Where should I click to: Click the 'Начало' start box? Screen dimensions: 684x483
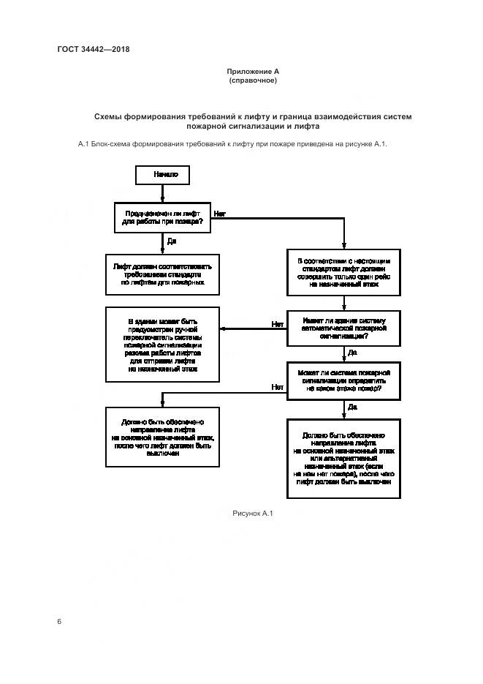click(x=162, y=176)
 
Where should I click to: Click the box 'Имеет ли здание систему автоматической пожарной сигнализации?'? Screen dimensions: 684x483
click(x=343, y=328)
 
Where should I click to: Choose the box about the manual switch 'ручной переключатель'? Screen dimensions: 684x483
click(x=162, y=344)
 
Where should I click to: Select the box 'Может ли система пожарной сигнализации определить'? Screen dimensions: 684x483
click(x=343, y=381)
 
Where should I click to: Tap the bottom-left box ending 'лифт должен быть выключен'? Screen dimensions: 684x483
click(x=162, y=437)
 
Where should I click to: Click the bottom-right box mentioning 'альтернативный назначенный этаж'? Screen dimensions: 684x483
click(x=343, y=457)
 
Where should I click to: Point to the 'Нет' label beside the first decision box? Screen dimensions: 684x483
click(x=220, y=213)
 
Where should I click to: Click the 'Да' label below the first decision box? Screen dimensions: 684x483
click(x=171, y=241)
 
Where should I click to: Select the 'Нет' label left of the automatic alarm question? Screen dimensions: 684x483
click(x=278, y=323)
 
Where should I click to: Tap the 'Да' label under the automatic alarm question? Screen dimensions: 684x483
click(x=352, y=353)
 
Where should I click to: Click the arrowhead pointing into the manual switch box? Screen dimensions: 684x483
click(x=223, y=328)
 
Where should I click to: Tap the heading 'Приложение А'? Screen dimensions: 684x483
click(x=253, y=71)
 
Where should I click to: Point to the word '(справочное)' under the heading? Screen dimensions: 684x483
click(x=253, y=80)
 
